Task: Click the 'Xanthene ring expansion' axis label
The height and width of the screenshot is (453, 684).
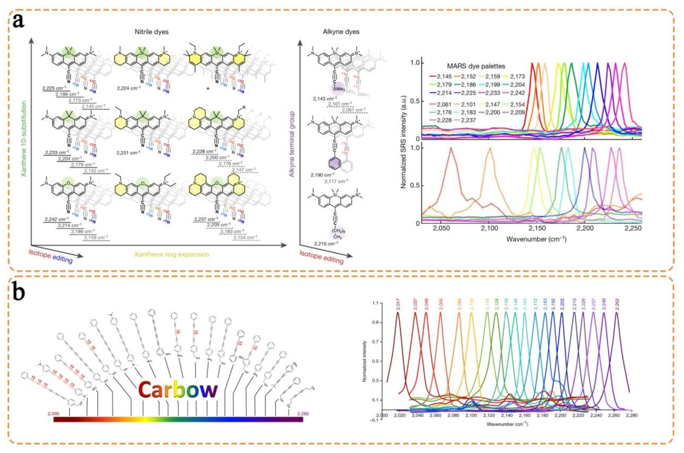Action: click(x=171, y=255)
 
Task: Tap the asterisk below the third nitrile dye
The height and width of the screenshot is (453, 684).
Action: click(x=208, y=89)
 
